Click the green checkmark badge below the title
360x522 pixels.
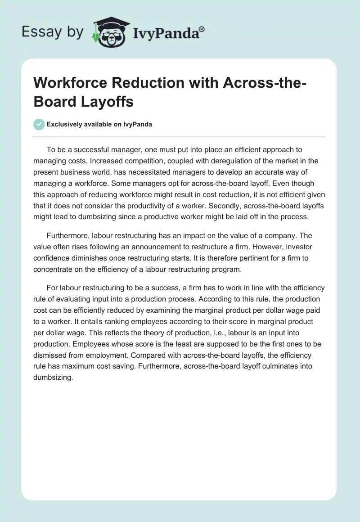(x=39, y=124)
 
